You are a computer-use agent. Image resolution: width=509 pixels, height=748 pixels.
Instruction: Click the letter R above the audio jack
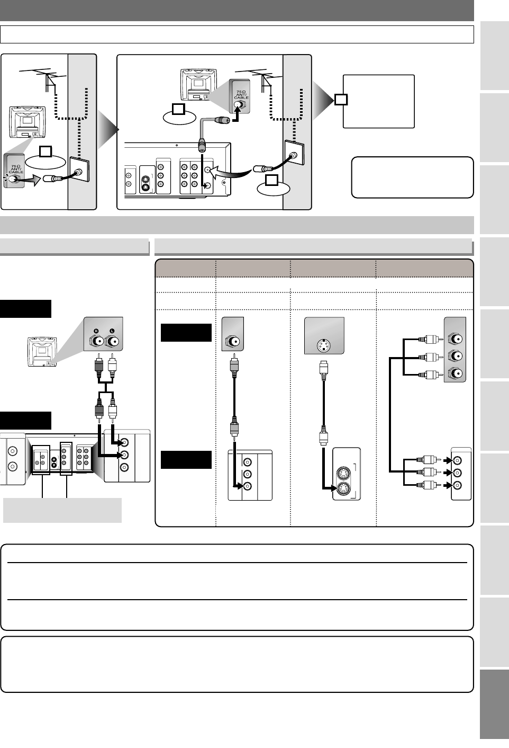coord(96,331)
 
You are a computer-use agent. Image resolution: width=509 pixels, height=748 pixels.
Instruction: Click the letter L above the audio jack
coord(112,331)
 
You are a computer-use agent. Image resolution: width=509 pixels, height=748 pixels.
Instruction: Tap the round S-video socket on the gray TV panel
coord(323,345)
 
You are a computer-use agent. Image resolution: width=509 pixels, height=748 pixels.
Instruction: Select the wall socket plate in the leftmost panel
coord(79,170)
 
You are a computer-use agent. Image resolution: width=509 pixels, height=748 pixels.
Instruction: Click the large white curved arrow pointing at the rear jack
coord(232,173)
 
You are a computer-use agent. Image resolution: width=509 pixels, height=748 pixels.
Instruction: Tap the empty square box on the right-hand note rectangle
coord(341,100)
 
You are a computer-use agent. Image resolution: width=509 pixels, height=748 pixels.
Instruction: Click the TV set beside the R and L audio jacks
coord(42,352)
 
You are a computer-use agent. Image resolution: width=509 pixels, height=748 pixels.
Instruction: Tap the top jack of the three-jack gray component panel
coord(455,339)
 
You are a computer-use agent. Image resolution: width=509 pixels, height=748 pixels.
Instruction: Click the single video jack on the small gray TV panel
coord(232,342)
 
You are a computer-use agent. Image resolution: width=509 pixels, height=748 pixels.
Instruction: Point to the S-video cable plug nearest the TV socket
coord(323,370)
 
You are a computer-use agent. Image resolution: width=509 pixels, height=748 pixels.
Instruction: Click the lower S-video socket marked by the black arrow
coord(342,489)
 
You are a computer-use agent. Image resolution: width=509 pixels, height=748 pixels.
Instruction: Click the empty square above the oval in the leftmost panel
coord(46,152)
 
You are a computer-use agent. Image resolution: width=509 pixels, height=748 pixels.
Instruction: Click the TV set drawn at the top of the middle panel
coord(198,85)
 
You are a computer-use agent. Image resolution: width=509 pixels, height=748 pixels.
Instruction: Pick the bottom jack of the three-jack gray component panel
coord(455,373)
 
